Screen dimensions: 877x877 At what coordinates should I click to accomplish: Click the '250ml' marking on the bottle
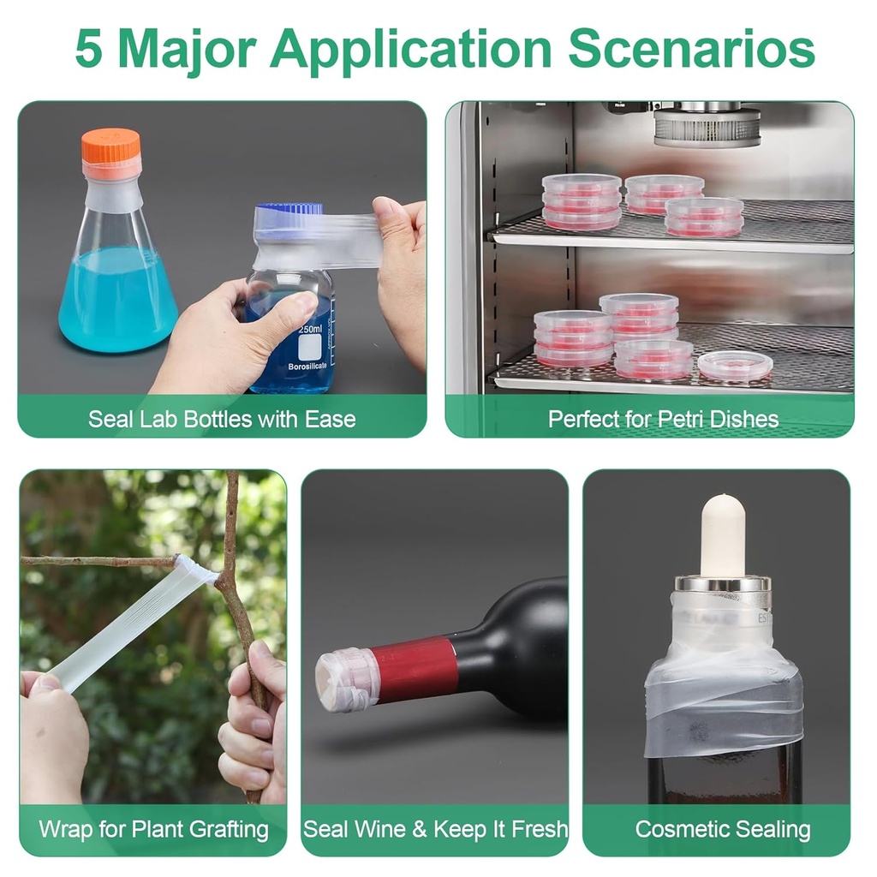(x=310, y=329)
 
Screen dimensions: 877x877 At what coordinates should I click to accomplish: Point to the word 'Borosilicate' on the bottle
(x=307, y=367)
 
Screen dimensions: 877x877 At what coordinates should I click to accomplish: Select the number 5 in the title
(x=89, y=49)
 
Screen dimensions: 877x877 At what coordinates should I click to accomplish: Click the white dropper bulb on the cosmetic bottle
(x=723, y=536)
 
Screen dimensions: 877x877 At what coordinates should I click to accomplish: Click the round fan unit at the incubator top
(x=707, y=126)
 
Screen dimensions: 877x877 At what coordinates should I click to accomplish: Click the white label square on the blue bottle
(x=309, y=348)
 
